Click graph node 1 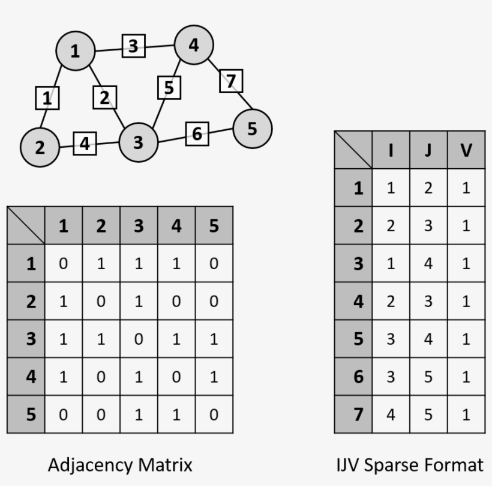click(76, 50)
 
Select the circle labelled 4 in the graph click(194, 45)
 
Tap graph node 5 click(253, 129)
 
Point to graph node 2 click(40, 147)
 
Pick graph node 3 click(139, 142)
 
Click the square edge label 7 click(231, 81)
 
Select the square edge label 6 click(197, 134)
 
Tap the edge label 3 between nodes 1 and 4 click(133, 46)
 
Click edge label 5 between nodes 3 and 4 click(169, 87)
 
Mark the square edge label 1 click(47, 98)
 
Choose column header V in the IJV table click(466, 150)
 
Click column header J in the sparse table click(428, 150)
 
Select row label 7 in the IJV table click(353, 415)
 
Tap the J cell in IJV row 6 click(428, 376)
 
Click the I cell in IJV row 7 click(391, 415)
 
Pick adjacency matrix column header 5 click(214, 225)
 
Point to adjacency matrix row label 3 click(26, 339)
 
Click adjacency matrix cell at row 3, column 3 click(139, 339)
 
